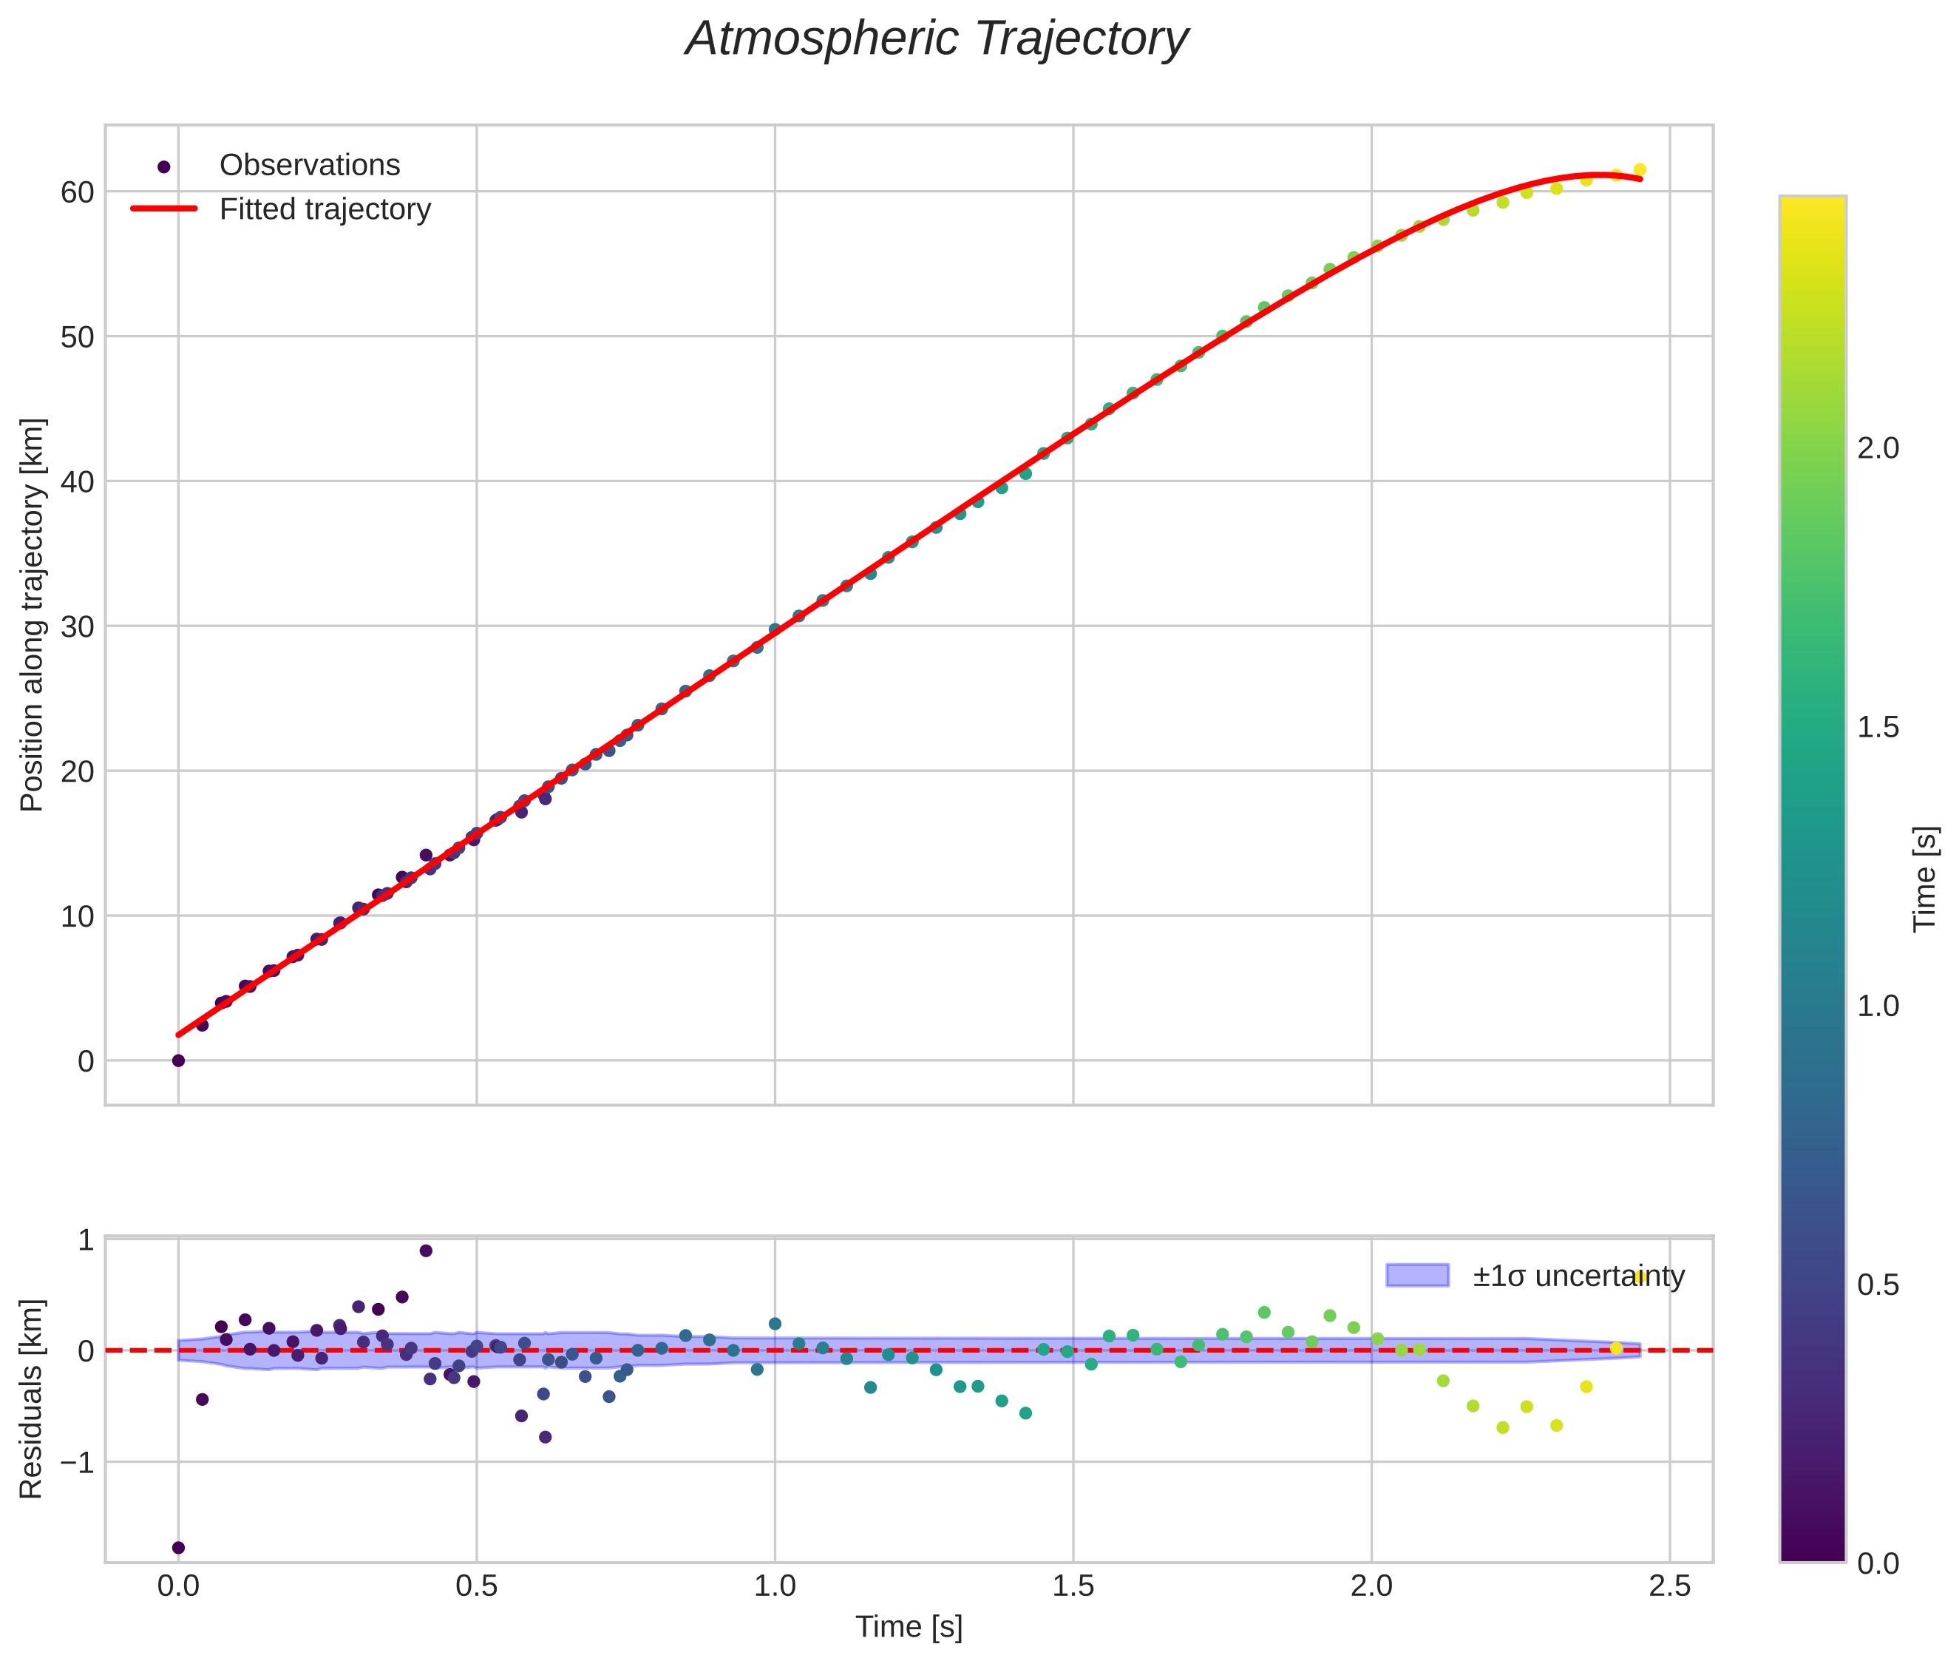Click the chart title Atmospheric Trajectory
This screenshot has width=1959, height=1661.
pyautogui.click(x=937, y=39)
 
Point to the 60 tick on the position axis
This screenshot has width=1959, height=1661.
pyautogui.click(x=77, y=192)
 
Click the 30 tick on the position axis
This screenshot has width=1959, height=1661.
pyautogui.click(x=77, y=626)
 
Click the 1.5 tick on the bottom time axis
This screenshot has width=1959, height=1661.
pyautogui.click(x=1073, y=1586)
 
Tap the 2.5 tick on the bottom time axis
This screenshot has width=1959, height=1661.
pyautogui.click(x=1669, y=1586)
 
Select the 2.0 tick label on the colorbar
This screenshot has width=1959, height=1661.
pyautogui.click(x=1878, y=449)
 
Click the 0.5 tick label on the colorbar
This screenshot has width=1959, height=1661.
pyautogui.click(x=1878, y=1285)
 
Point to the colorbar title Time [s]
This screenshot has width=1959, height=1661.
pyautogui.click(x=1925, y=879)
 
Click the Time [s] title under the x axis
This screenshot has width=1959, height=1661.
pyautogui.click(x=909, y=1627)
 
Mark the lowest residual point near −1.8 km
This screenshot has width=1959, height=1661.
pyautogui.click(x=178, y=1547)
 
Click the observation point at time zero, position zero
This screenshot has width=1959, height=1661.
pyautogui.click(x=178, y=1060)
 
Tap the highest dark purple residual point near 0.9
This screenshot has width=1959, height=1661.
pyautogui.click(x=426, y=1251)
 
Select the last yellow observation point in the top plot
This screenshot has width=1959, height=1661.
pyautogui.click(x=1640, y=170)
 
